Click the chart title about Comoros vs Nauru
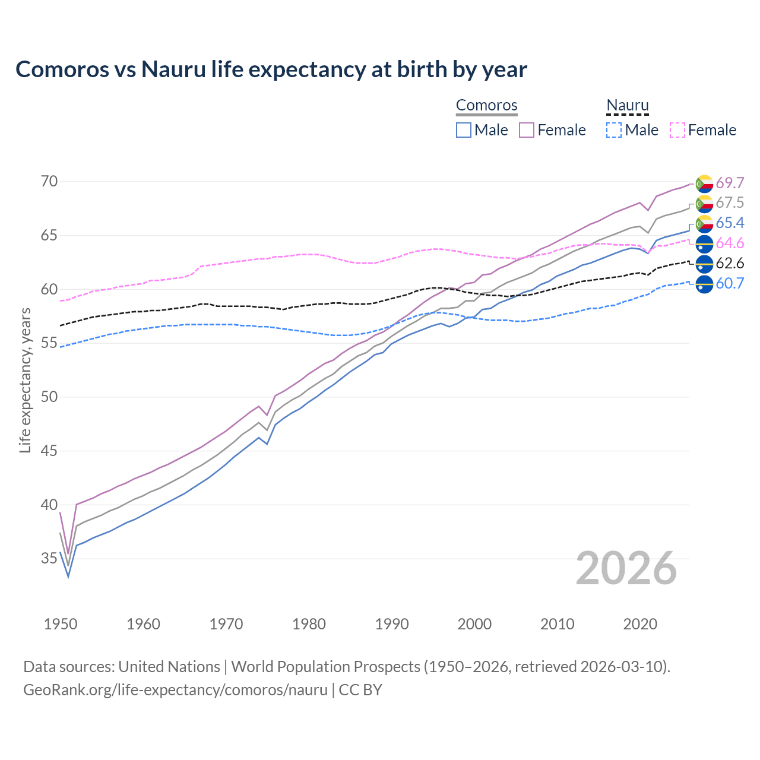tap(271, 69)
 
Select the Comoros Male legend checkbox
tap(464, 130)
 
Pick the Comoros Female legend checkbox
tap(527, 130)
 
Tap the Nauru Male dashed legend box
tap(614, 130)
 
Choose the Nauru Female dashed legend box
tap(677, 130)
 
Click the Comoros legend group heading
tap(487, 106)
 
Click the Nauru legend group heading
tap(628, 106)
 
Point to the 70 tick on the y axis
tap(49, 182)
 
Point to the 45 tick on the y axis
tap(49, 451)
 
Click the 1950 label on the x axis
tap(61, 624)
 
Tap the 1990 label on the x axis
tap(392, 624)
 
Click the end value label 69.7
tap(730, 183)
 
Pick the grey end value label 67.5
tap(730, 203)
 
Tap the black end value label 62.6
tap(730, 264)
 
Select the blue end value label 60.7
tap(730, 284)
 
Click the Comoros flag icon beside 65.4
tap(704, 224)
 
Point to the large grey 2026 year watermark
tap(626, 568)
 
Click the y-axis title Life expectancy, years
tap(26, 380)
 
